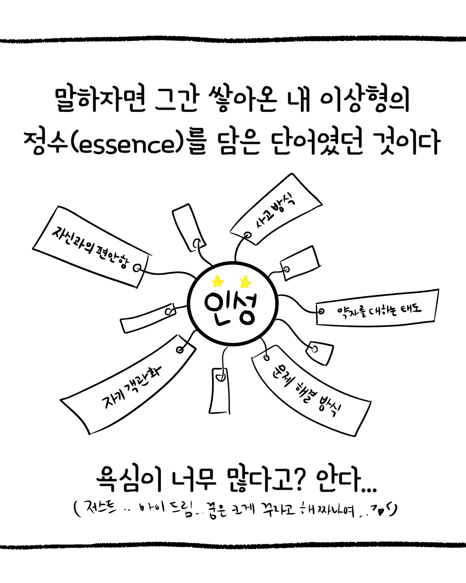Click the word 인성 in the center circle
click(231, 307)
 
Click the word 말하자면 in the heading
click(100, 99)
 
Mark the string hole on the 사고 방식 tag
click(247, 235)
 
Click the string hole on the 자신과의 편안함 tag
click(137, 268)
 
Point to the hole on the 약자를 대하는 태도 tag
click(321, 311)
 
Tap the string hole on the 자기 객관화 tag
click(180, 349)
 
